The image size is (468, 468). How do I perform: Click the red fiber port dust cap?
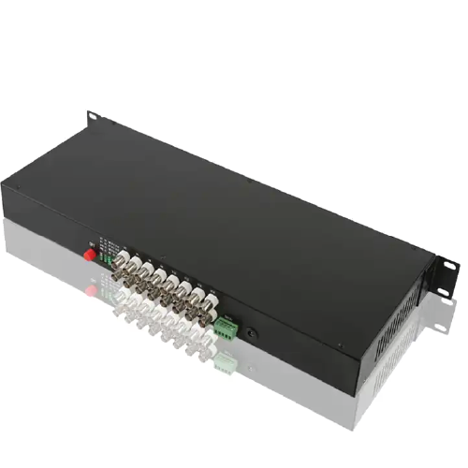91,254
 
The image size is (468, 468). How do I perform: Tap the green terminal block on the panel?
226,326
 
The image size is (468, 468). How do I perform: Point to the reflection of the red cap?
91,290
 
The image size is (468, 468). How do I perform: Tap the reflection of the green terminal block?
225,359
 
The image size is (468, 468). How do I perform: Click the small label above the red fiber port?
93,237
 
